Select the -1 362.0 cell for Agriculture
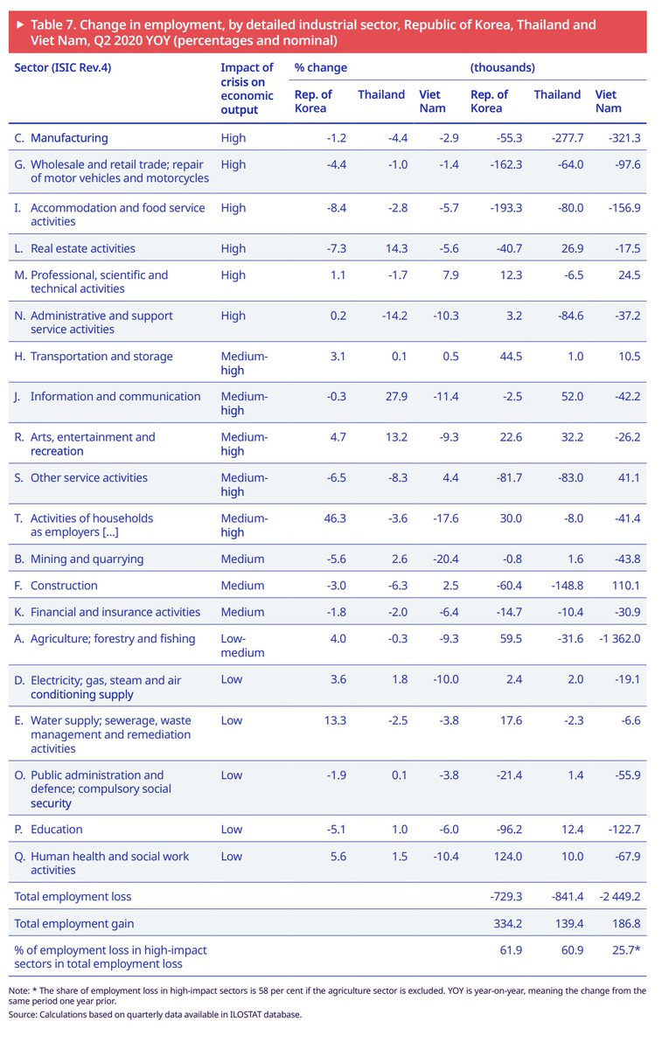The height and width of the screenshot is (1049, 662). coord(617,639)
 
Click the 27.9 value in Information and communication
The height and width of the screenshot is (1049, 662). coord(395,397)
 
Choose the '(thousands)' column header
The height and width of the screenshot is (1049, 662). coord(503,67)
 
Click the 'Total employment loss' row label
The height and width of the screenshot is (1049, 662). coord(73,896)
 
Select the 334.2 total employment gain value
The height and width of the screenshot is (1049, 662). coord(509,924)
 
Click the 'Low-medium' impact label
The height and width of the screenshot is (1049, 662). coord(241,645)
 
